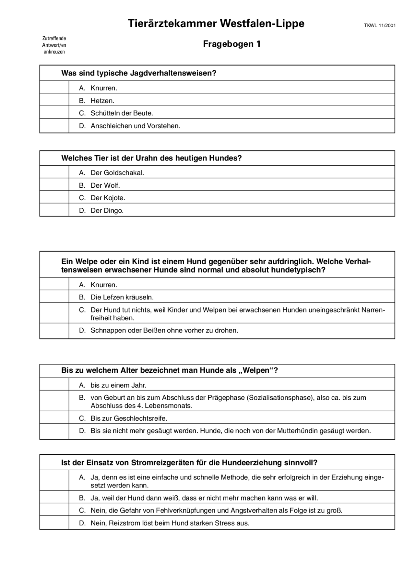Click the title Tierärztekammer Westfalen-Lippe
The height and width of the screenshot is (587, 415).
[216, 24]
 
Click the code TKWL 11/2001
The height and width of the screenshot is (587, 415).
[380, 26]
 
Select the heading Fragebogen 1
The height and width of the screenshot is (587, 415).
[232, 44]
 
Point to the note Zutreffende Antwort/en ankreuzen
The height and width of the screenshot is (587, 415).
[54, 45]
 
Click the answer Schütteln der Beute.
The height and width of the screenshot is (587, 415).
[122, 113]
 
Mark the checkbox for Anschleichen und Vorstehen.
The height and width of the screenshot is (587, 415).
[54, 126]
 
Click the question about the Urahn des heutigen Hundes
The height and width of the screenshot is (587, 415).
[151, 158]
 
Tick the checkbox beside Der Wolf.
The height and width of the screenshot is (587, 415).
[54, 185]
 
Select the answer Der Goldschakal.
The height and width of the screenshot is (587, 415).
[117, 173]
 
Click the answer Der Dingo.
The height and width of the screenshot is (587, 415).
[107, 210]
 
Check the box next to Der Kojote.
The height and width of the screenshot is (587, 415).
[54, 197]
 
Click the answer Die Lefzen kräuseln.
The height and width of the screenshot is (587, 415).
[122, 297]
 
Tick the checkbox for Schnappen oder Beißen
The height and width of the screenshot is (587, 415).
[54, 331]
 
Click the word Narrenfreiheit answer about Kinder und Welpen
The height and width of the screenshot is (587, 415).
[238, 313]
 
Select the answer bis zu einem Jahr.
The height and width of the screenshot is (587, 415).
[118, 385]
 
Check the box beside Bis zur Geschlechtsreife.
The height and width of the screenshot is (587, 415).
[54, 418]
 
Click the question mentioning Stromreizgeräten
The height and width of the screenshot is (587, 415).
[189, 463]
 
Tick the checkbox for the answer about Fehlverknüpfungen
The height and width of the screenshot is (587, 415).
[54, 510]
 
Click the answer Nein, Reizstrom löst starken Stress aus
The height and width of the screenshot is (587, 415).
[170, 523]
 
